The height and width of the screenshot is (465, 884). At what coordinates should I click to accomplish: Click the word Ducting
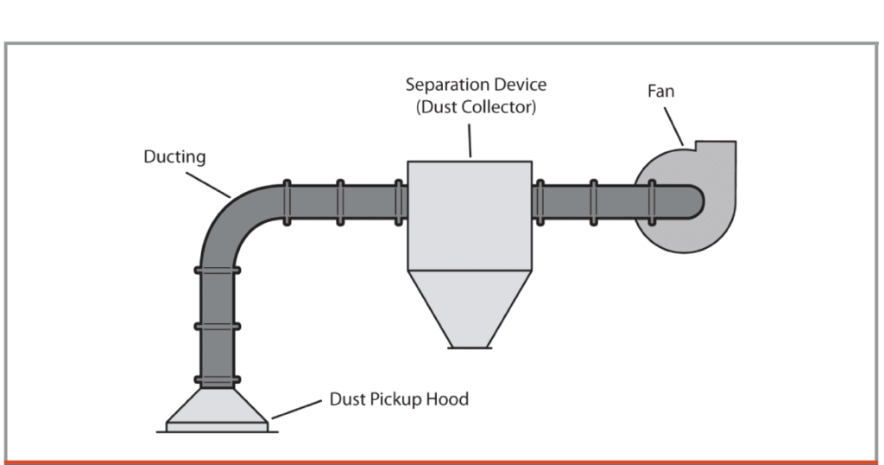[x=174, y=156]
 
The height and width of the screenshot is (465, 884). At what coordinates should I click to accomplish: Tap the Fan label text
[x=660, y=91]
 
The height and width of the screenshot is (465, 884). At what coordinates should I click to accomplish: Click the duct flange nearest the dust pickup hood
[x=217, y=380]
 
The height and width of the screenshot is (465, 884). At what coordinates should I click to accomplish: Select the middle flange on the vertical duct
[x=217, y=326]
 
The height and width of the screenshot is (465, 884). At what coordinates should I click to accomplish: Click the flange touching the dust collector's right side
[x=538, y=201]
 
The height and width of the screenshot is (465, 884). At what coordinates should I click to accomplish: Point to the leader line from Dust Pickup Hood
[x=297, y=409]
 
